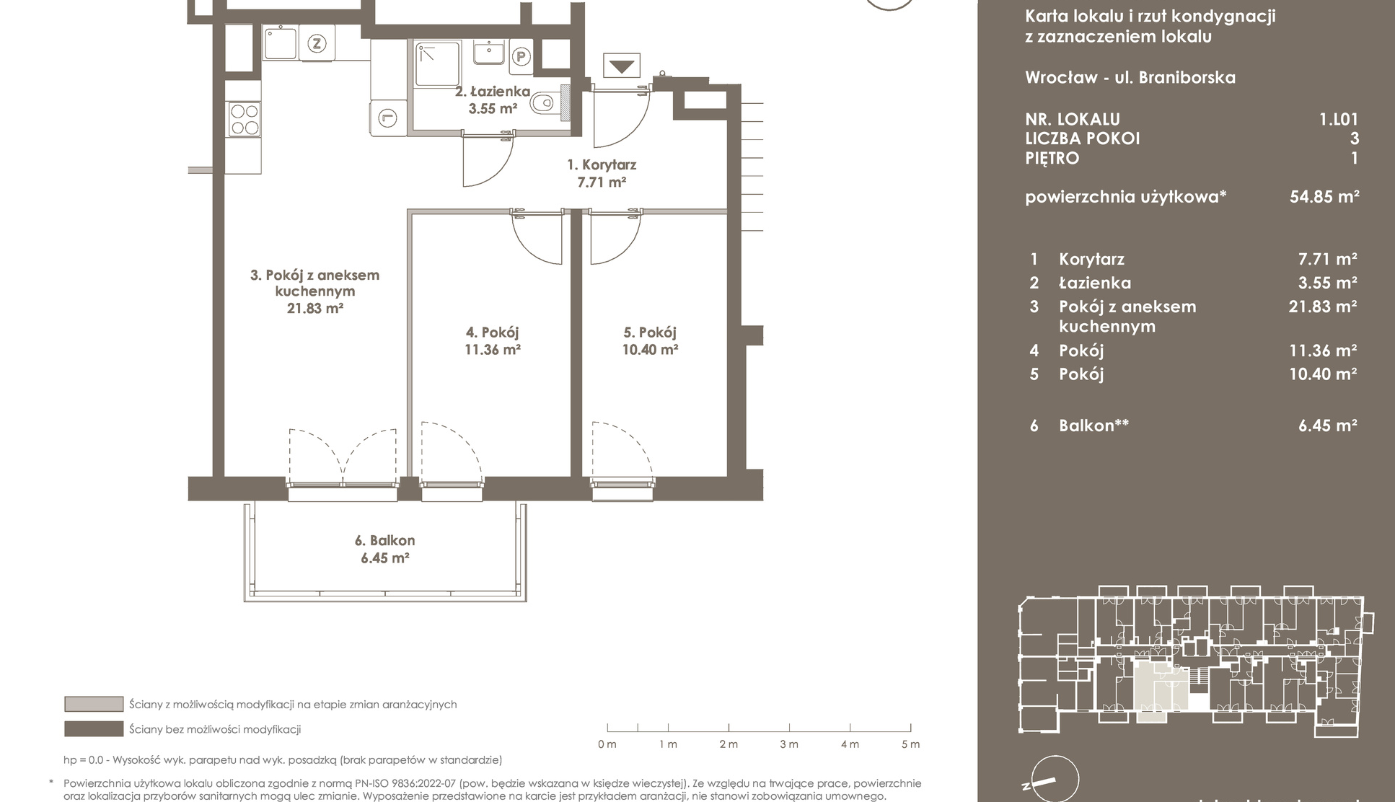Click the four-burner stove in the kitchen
(244, 120)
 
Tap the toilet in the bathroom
(546, 104)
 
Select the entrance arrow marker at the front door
(622, 67)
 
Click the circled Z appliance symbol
(316, 43)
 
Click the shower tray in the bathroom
(438, 64)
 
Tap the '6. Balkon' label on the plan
(384, 540)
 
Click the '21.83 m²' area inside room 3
(314, 308)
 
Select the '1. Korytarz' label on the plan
(601, 165)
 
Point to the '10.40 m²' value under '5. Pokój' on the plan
(650, 350)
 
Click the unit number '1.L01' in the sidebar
(1338, 120)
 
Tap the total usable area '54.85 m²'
(1324, 196)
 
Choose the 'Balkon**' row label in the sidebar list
(1093, 426)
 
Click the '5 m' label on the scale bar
(910, 744)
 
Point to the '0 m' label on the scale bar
(607, 744)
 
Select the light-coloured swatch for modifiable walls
(94, 704)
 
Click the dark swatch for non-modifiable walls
(94, 729)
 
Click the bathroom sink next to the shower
(489, 53)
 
